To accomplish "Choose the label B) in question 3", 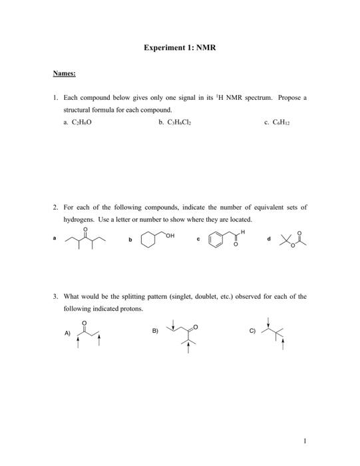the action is pos(155,331).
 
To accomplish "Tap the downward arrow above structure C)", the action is pos(268,322).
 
